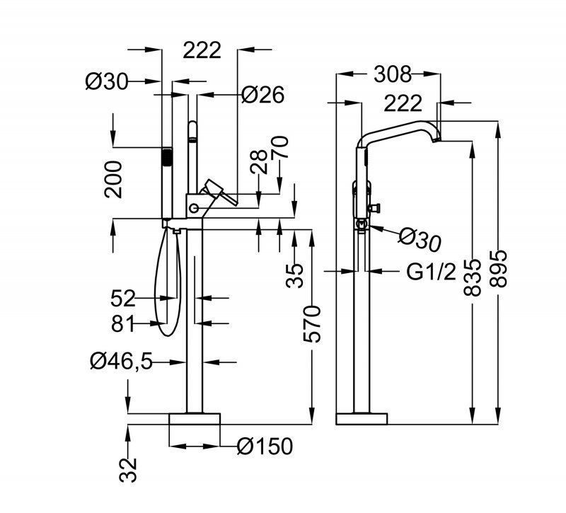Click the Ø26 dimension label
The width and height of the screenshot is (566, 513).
click(262, 94)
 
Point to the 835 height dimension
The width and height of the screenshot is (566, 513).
click(473, 272)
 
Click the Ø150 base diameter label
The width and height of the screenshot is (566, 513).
click(265, 446)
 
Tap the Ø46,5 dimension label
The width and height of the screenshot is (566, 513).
click(120, 362)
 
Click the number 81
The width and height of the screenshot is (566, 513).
click(124, 324)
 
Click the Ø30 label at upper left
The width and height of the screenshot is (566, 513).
click(108, 82)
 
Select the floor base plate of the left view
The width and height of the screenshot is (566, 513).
click(195, 419)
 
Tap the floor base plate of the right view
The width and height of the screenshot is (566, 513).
click(362, 419)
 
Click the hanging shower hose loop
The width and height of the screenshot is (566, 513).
click(166, 283)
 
